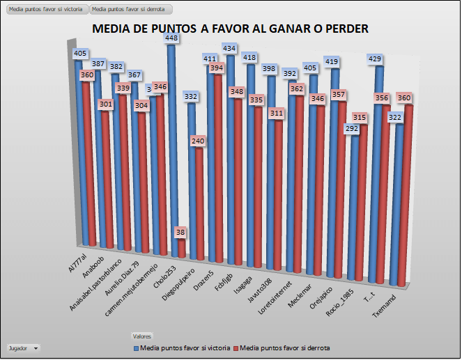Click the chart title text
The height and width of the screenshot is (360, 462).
(230, 29)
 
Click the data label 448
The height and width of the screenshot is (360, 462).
(171, 39)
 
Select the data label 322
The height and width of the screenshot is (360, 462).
(394, 118)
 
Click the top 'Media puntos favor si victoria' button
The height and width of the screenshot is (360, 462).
(45, 10)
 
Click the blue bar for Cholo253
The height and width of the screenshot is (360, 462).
(171, 139)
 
